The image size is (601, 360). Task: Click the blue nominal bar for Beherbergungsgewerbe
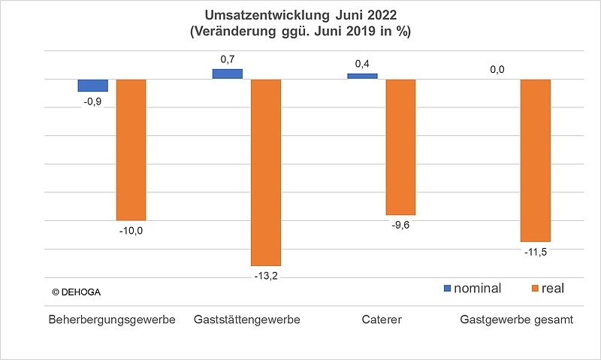tap(93, 85)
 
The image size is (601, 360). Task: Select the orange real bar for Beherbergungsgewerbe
tap(131, 150)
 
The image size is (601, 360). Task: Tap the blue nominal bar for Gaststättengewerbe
tap(228, 74)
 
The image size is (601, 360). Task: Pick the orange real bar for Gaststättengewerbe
tap(265, 172)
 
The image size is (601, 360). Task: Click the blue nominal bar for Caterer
tap(363, 76)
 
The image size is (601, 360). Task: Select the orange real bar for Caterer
tap(400, 147)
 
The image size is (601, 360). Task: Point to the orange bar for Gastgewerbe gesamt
tap(536, 160)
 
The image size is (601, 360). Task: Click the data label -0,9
tap(93, 101)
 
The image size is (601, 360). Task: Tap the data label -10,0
tap(131, 231)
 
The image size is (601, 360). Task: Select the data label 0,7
tap(228, 58)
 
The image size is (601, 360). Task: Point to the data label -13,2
tap(265, 277)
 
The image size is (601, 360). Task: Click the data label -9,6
tap(400, 225)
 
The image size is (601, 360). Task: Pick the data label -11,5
tap(536, 253)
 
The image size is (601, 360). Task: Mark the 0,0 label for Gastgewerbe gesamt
tap(497, 70)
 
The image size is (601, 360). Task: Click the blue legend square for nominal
tap(448, 288)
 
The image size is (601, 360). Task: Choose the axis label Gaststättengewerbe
tap(247, 320)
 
